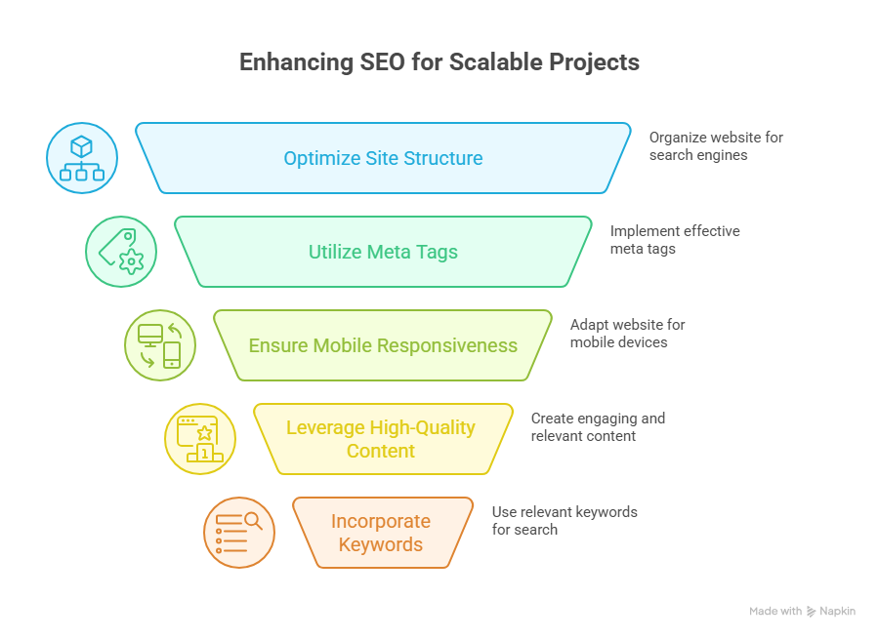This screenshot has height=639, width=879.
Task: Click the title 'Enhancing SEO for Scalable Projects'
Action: coord(439,62)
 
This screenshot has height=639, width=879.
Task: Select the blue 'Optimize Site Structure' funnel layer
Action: coord(383,158)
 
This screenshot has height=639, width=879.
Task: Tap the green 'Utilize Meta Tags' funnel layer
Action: coord(383,252)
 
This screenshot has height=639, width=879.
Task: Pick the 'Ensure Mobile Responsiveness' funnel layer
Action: coord(383,345)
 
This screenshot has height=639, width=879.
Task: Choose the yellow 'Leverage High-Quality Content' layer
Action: coord(381,439)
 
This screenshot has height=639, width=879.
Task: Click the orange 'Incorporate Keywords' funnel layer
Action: coord(381,533)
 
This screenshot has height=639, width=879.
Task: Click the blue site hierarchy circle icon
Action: coord(82,158)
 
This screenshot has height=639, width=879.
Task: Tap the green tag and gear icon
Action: coord(121,252)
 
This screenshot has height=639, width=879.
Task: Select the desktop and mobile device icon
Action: coord(160,345)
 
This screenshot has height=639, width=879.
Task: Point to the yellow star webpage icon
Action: coord(199,439)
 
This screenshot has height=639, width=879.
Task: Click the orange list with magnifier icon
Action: coord(239,533)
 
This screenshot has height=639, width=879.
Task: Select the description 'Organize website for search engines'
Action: coord(716,146)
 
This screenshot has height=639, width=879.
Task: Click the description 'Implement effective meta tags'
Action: coord(674,240)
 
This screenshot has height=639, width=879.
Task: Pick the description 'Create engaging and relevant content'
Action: coord(597,427)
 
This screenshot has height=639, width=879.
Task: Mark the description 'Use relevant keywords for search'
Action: coord(564,521)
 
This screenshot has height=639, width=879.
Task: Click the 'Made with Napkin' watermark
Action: coord(802,611)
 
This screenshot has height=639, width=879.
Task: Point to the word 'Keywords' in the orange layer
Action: coord(381,544)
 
